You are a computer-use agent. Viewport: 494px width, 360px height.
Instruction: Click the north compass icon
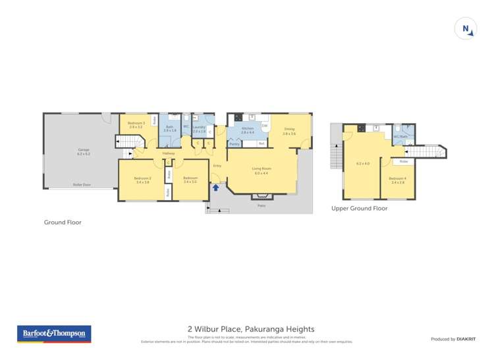(x=465, y=29)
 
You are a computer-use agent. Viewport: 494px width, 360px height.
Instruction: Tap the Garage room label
(x=83, y=151)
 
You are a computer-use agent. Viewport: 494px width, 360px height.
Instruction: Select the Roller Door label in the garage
(x=82, y=185)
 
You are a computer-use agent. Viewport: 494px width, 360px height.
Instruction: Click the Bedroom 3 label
(x=136, y=125)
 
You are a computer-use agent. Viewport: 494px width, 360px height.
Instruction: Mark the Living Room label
(x=261, y=170)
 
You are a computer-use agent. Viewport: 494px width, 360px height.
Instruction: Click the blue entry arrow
(x=215, y=188)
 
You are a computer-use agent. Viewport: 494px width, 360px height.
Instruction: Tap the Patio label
(x=261, y=205)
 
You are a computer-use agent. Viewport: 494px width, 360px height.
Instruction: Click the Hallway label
(x=168, y=153)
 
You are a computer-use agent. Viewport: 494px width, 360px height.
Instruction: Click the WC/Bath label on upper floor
(x=399, y=137)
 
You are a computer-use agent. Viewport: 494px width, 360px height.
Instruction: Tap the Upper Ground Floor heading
(x=359, y=208)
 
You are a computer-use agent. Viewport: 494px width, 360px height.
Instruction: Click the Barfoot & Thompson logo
(x=55, y=334)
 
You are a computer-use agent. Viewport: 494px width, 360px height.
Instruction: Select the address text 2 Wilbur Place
(x=251, y=329)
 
